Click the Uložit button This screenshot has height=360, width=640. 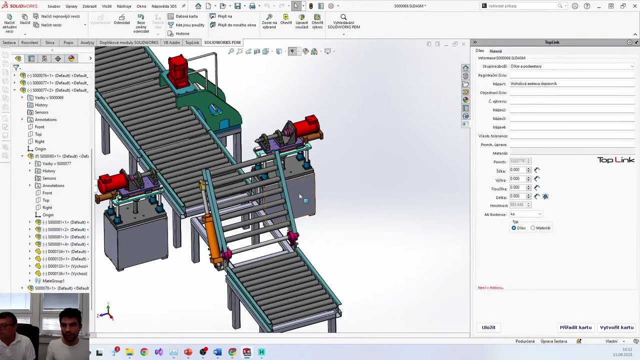pos(488,327)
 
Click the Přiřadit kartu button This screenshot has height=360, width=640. pos(575,327)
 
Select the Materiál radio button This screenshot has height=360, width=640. pos(533,228)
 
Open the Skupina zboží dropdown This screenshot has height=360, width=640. pos(571,66)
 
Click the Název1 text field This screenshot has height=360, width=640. pos(571,84)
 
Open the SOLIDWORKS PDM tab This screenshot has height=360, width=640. pos(222,42)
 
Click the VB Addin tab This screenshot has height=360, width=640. pos(171,42)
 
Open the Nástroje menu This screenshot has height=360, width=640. pos(124,6)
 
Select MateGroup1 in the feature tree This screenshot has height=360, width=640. pos(53,281)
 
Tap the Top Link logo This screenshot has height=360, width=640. pos(615,160)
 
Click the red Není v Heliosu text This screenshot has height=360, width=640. pos(490,287)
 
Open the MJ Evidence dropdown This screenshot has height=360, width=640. pos(525,214)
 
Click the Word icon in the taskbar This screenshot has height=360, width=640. pos(217,352)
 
